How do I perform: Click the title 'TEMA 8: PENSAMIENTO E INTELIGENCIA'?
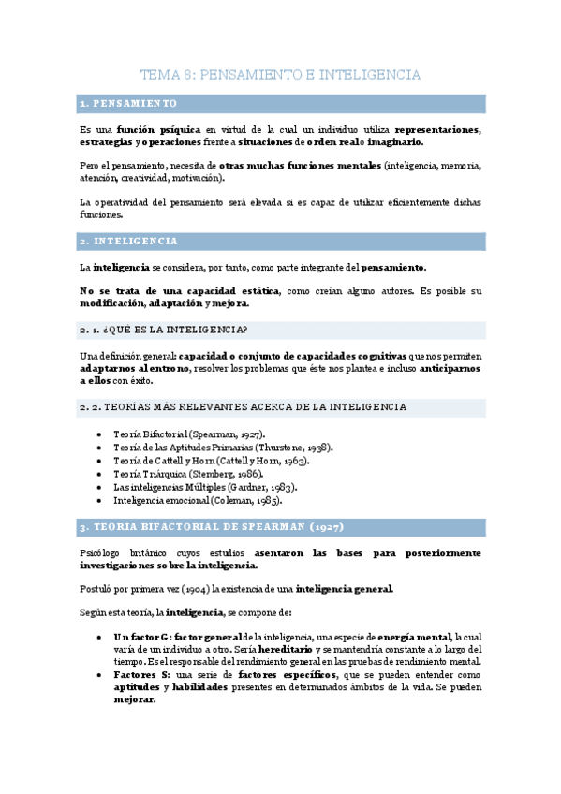[x=280, y=74]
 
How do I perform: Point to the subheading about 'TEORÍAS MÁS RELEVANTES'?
[x=244, y=407]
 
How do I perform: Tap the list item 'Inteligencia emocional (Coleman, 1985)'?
[x=198, y=501]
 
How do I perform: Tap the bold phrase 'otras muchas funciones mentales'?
[x=300, y=165]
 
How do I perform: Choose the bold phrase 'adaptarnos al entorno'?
[x=133, y=369]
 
